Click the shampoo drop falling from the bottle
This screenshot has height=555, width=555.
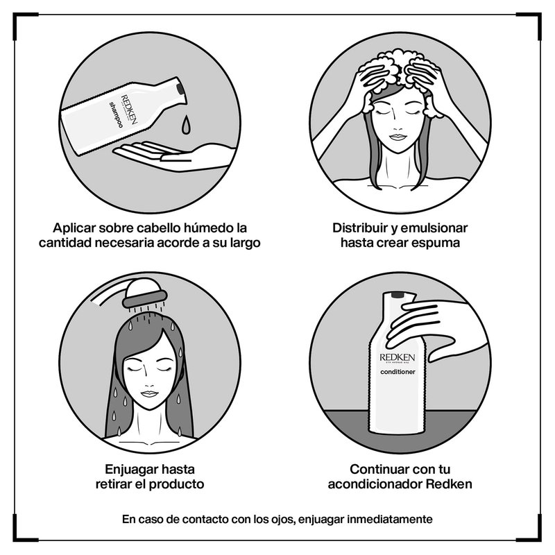tap(186, 125)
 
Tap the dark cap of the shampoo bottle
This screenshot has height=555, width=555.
tap(180, 88)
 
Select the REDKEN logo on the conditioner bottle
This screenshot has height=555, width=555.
tap(397, 357)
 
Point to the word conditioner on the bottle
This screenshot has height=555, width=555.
tap(398, 372)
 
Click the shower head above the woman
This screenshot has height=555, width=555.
tap(144, 292)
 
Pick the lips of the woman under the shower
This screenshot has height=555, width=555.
tap(149, 394)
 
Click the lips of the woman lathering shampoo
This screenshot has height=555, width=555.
tap(397, 137)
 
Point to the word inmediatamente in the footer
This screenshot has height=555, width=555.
tap(389, 519)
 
